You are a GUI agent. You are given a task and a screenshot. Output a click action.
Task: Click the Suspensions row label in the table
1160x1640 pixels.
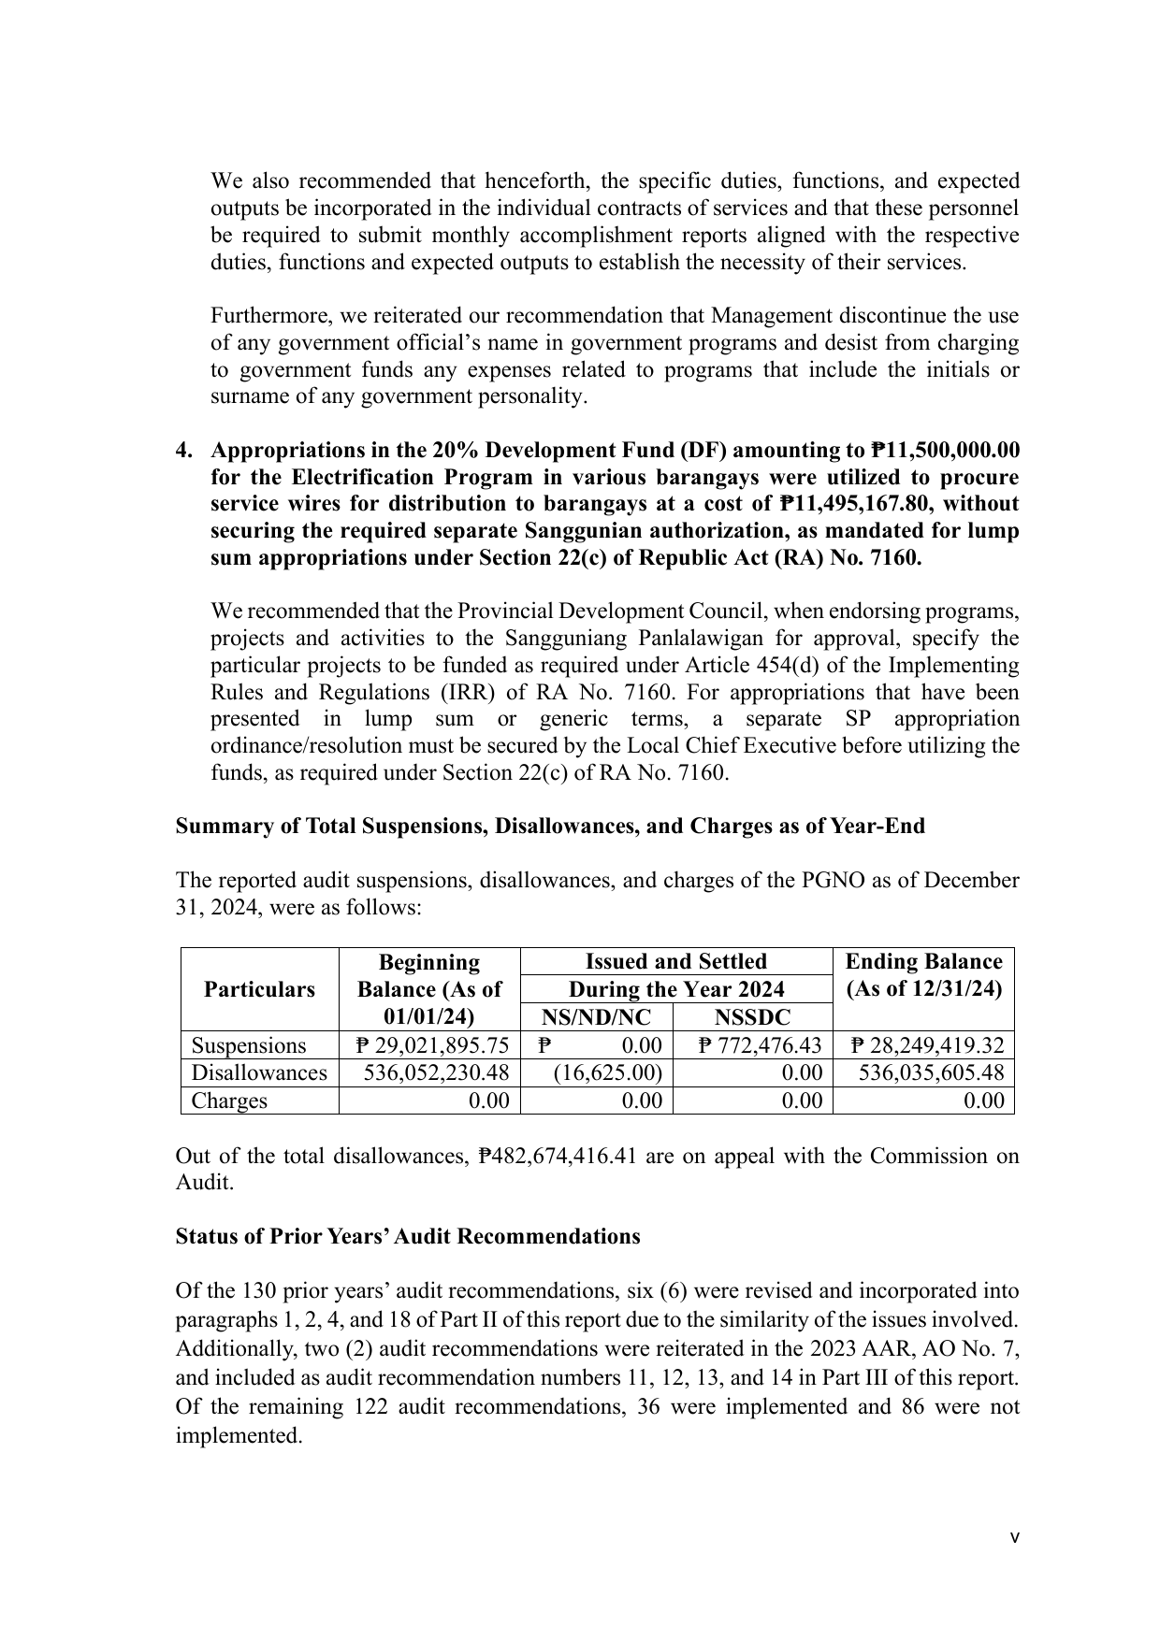pos(249,1045)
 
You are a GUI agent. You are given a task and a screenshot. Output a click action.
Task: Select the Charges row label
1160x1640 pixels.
pos(229,1101)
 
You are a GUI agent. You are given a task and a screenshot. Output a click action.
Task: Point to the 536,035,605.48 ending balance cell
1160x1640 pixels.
pos(930,1072)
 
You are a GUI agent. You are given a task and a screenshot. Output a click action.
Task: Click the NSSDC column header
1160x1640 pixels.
pos(751,1017)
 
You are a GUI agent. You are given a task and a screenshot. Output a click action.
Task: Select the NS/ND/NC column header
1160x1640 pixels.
pos(596,1017)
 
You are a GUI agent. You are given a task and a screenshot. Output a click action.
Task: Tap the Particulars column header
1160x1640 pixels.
pos(259,989)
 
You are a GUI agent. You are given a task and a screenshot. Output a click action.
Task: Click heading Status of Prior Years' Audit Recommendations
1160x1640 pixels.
pos(408,1237)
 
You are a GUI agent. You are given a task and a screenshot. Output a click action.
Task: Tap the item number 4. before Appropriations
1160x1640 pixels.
pos(185,451)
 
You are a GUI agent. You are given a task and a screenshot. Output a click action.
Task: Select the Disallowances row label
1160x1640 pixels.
pos(259,1072)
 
